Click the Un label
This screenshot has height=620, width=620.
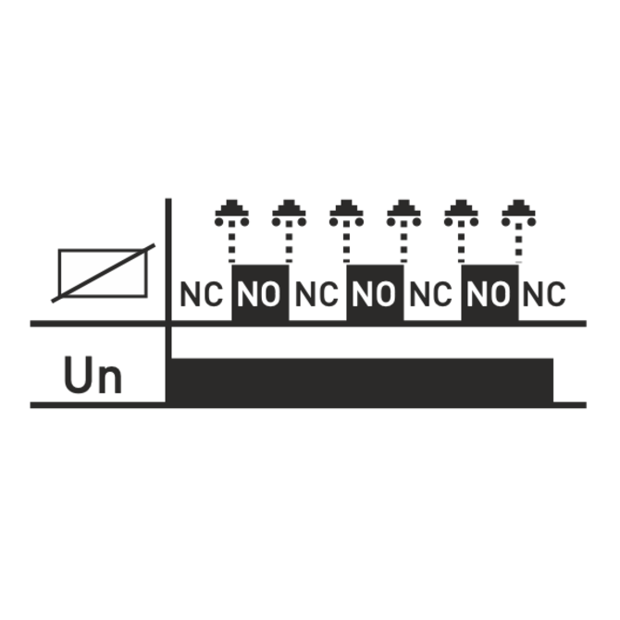click(93, 375)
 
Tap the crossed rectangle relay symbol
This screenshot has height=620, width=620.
click(104, 273)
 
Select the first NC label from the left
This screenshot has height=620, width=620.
click(201, 294)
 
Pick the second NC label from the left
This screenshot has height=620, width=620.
click(316, 294)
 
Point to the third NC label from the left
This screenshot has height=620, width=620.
click(431, 294)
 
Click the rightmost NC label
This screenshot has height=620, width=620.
click(544, 294)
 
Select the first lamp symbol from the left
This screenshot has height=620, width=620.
click(231, 213)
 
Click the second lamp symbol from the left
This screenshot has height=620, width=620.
click(289, 213)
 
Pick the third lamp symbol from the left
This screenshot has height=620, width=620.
click(346, 213)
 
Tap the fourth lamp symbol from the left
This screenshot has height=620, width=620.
click(403, 213)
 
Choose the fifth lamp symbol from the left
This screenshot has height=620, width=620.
click(461, 213)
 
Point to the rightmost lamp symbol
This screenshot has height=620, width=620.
click(519, 213)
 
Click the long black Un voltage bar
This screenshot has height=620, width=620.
click(362, 380)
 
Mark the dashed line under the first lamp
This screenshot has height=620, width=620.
click(231, 242)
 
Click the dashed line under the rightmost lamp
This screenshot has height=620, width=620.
click(519, 242)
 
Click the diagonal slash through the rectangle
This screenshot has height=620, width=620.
click(104, 273)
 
